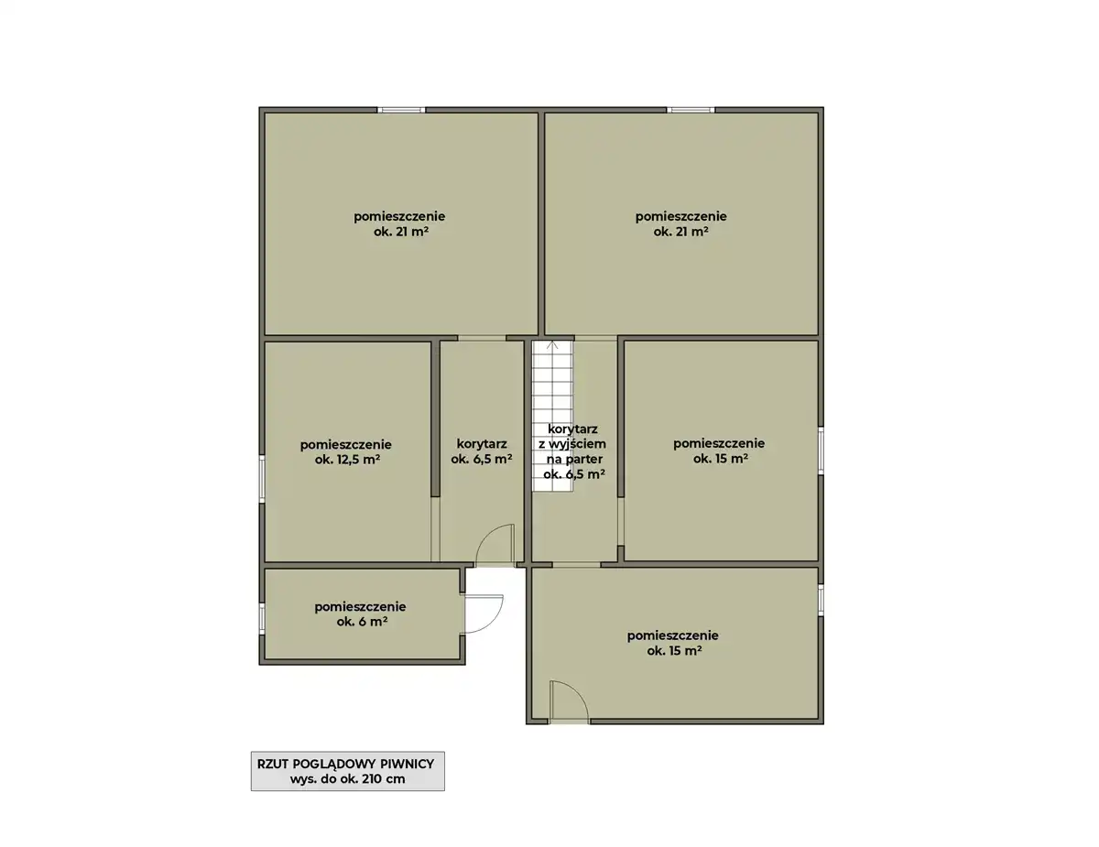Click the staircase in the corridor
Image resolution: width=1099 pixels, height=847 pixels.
coord(552,416)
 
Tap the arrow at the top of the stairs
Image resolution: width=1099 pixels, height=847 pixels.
coord(552,345)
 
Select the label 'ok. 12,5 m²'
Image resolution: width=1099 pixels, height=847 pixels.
coord(347,461)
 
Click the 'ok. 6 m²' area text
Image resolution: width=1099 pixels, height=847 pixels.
coord(362,622)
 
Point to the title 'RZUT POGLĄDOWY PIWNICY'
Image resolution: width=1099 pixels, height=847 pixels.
coord(345,764)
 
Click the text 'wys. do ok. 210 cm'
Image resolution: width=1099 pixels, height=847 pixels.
coord(347,779)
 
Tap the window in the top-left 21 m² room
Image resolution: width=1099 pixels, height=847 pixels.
coord(401,110)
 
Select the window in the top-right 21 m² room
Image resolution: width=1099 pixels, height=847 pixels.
coord(691,110)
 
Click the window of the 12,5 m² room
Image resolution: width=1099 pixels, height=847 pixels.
coord(262,478)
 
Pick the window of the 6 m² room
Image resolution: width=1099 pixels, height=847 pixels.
coord(262,618)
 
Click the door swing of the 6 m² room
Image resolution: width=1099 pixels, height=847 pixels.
coord(484,614)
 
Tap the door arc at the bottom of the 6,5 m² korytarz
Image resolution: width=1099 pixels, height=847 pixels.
coord(495,545)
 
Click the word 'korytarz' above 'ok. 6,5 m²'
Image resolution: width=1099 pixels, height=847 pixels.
coord(482,444)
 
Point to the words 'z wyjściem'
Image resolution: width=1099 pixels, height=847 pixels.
coord(572,444)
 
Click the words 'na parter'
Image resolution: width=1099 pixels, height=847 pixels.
coord(574,459)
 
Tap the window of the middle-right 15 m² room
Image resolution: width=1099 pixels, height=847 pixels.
coord(821,451)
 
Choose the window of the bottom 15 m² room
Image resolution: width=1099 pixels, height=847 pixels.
coord(821,601)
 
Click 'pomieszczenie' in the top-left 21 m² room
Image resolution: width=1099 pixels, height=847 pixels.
coord(399,216)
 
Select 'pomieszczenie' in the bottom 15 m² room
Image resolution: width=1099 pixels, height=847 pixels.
coord(672,635)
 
